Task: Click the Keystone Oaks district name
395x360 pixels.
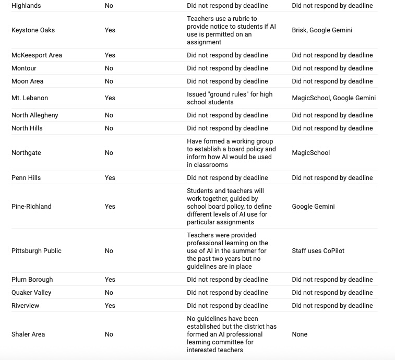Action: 33,30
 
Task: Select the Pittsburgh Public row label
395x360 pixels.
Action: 37,251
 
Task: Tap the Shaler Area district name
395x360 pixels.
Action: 28,334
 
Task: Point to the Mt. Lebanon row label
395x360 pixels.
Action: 30,98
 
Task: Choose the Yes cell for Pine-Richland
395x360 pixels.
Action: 110,207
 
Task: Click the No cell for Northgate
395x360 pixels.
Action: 109,153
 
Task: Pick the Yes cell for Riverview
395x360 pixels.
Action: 110,306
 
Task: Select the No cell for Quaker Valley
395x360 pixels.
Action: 109,293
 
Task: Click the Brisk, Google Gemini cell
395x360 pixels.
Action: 322,30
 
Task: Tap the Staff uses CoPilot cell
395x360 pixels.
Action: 318,251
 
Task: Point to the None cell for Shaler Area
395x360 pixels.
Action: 300,334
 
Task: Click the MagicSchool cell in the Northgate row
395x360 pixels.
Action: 311,153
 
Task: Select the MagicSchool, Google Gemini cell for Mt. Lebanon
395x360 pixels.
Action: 334,98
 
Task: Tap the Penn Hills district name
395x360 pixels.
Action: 26,178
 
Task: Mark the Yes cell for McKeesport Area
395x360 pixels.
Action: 110,55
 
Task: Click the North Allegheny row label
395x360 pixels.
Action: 35,115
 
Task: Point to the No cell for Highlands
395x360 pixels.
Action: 109,6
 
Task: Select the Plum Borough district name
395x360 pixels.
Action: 32,280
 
